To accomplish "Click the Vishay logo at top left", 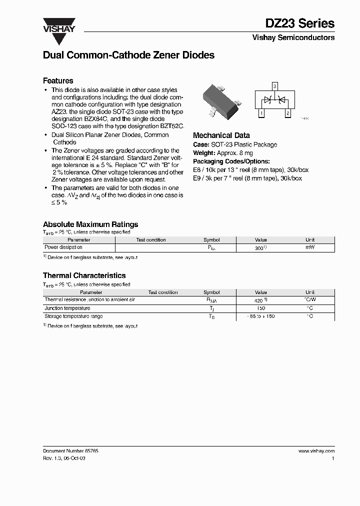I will coord(58,25).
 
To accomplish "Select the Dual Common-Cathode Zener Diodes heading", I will coord(128,55).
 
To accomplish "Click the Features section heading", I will coord(58,80).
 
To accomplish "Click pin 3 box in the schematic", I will coord(274,86).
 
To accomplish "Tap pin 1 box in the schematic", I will coord(261,113).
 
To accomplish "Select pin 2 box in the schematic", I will coord(287,113).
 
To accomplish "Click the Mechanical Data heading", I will coord(221,135).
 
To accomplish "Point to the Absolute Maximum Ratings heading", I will coord(90,224).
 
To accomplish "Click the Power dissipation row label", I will coord(63,247).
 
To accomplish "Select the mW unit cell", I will coord(310,247).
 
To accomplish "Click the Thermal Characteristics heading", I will coord(84,275).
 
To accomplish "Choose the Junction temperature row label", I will coord(67,308).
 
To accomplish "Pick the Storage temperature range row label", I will coord(73,316).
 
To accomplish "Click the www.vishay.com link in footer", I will coord(316,451).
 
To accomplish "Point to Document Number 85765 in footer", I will coord(70,451).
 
